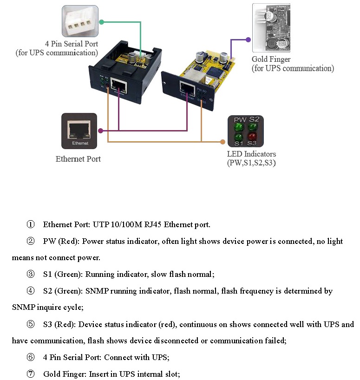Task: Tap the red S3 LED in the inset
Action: pyautogui.click(x=252, y=137)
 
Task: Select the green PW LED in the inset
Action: pyautogui.click(x=239, y=126)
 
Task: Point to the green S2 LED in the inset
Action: pyautogui.click(x=252, y=126)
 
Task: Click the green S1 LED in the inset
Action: pyautogui.click(x=239, y=137)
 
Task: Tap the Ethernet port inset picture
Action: pyautogui.click(x=79, y=131)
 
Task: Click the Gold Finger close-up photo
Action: pyautogui.click(x=271, y=28)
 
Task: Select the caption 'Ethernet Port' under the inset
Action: pyautogui.click(x=78, y=159)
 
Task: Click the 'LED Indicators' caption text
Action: pyautogui.click(x=251, y=154)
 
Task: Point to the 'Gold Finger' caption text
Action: pyautogui.click(x=271, y=59)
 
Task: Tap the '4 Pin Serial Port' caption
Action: pyautogui.click(x=71, y=44)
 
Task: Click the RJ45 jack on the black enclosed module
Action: pyautogui.click(x=120, y=85)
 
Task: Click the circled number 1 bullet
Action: pyautogui.click(x=31, y=225)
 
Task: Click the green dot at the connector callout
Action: pyautogui.click(x=101, y=21)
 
